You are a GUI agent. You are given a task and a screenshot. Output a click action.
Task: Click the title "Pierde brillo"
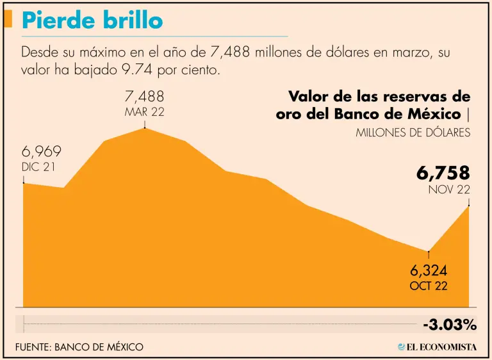(x=92, y=20)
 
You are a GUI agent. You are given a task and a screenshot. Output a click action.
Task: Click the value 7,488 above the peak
(x=145, y=97)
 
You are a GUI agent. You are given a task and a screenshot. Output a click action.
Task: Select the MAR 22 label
(x=145, y=112)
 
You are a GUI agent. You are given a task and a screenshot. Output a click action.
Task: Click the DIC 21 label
(x=40, y=167)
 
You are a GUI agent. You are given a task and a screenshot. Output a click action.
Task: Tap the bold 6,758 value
(x=443, y=173)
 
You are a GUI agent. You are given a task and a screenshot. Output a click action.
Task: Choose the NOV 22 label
(x=449, y=190)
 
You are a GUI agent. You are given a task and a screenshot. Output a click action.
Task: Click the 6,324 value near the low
(x=429, y=270)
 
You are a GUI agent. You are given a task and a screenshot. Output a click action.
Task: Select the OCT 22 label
(x=429, y=286)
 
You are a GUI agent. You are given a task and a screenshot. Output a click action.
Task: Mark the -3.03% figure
(x=450, y=325)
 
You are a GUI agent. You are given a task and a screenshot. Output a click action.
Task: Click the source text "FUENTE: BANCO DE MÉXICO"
(x=80, y=347)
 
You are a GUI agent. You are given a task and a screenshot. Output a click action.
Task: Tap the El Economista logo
(x=437, y=347)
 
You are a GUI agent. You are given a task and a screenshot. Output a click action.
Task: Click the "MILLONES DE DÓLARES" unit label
(x=413, y=133)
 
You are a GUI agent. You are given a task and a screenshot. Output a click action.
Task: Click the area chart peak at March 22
(x=145, y=129)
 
